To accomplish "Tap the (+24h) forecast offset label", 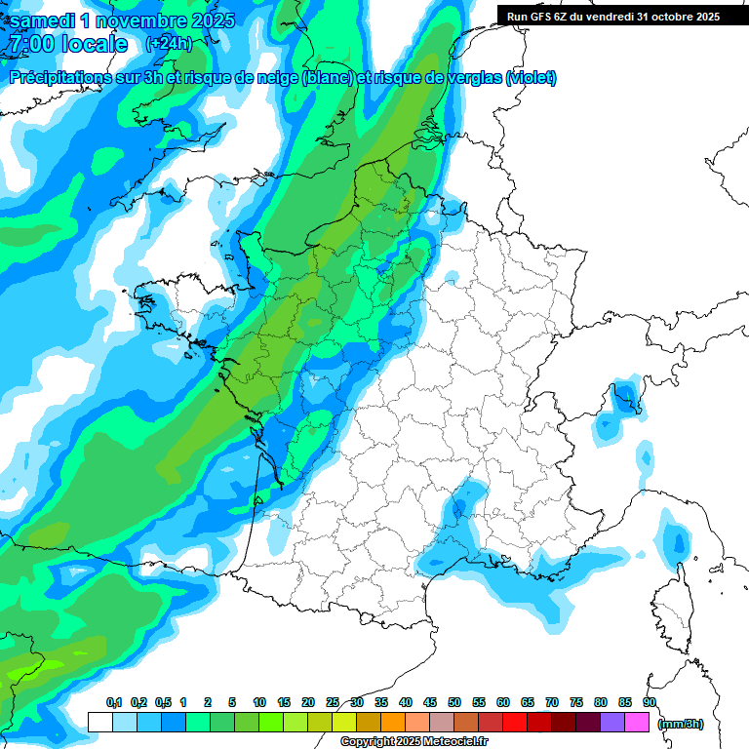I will point(168,44).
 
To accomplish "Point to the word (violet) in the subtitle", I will point(532,77).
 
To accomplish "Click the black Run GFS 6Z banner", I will point(613,16).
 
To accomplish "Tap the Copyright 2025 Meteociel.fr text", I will point(414,742).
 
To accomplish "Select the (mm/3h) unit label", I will point(681,723).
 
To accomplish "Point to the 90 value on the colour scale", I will point(650,702).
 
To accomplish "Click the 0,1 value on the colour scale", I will point(113,702).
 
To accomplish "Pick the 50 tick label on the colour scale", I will point(454,702).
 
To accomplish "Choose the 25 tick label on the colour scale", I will point(333,702).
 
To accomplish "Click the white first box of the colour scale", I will point(99,722).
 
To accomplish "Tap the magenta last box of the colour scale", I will point(637,722).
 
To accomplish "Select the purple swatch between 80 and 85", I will point(612,722).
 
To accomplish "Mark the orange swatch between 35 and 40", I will point(393,722).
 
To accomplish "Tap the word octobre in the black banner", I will point(664,16).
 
